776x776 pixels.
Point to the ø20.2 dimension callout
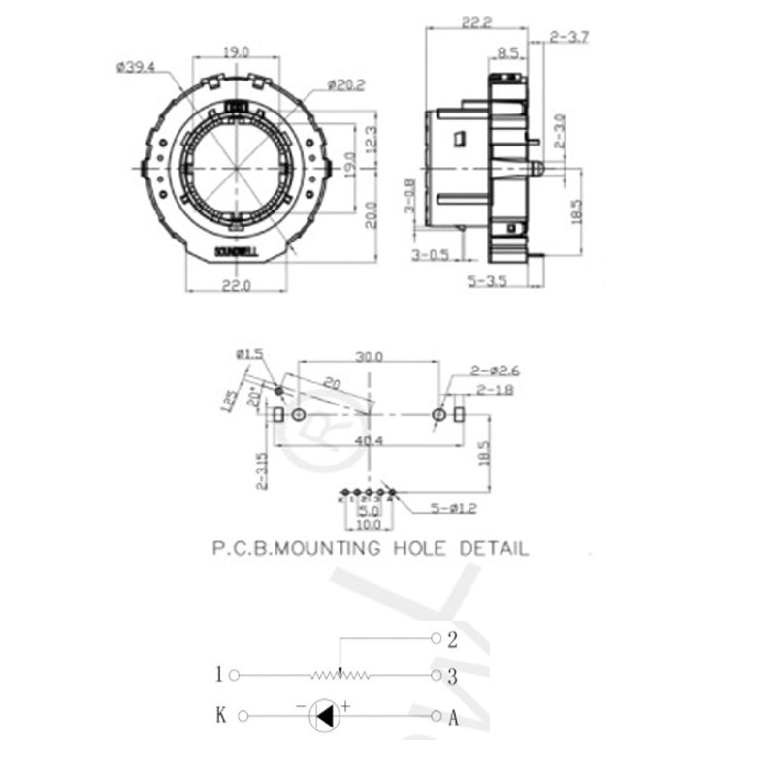pos(345,85)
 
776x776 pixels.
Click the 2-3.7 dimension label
pos(569,37)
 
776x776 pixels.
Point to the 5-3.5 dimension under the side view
pos(490,282)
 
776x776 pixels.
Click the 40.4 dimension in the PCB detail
pos(366,440)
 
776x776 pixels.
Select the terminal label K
pos(220,717)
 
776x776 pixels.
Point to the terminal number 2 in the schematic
pos(452,639)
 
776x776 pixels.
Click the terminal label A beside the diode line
pos(452,718)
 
